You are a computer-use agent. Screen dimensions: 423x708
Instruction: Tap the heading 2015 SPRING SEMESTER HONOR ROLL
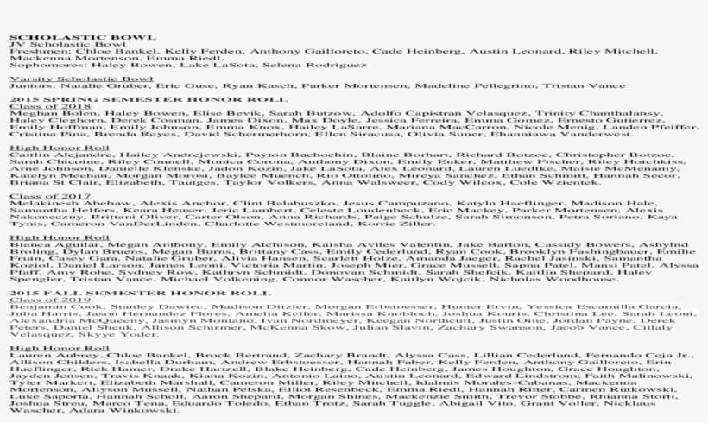[x=91, y=99]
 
